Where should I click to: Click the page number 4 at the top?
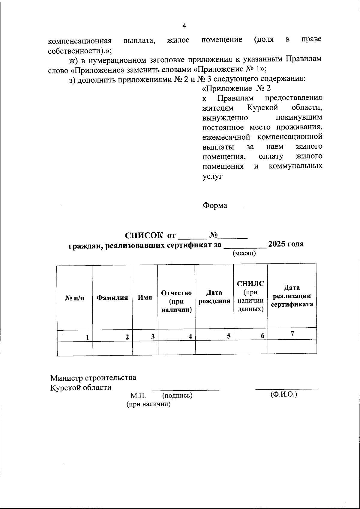[x=184, y=26]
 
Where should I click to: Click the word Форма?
[x=215, y=206]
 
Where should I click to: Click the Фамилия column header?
[x=112, y=298]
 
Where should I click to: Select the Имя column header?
[x=145, y=298]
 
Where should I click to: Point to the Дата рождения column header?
[x=214, y=297]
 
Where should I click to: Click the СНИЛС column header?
[x=250, y=283]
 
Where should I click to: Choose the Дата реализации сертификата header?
[x=292, y=296]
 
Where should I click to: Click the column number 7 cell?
[x=292, y=333]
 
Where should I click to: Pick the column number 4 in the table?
[x=190, y=337]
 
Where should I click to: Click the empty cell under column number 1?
[x=75, y=348]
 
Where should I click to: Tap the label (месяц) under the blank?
[x=244, y=253]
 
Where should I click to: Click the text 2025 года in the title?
[x=286, y=244]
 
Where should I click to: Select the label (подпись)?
[x=177, y=396]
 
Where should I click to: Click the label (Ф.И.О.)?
[x=283, y=394]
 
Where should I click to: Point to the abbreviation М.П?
[x=138, y=396]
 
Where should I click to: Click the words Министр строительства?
[x=93, y=378]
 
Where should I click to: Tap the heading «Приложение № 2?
[x=237, y=88]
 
